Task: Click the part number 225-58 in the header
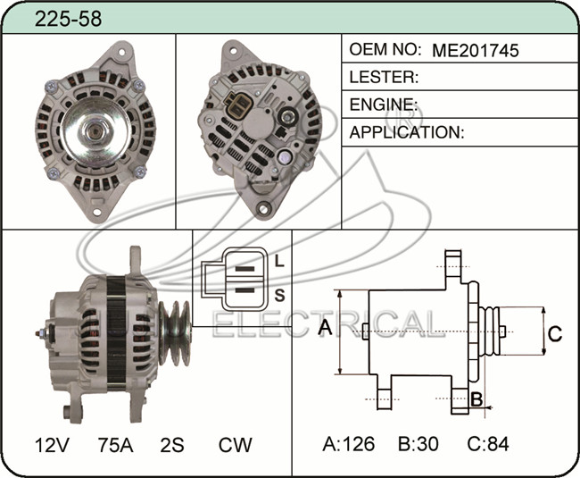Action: tap(68, 19)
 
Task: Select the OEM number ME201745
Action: tap(476, 50)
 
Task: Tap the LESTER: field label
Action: tap(384, 77)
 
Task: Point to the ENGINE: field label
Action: tap(384, 105)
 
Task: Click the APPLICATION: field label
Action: tap(407, 132)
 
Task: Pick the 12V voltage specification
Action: tap(52, 445)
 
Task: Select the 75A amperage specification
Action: tap(115, 445)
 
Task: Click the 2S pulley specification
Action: tap(172, 445)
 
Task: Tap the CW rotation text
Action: tap(236, 445)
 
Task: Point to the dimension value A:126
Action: tap(348, 443)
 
